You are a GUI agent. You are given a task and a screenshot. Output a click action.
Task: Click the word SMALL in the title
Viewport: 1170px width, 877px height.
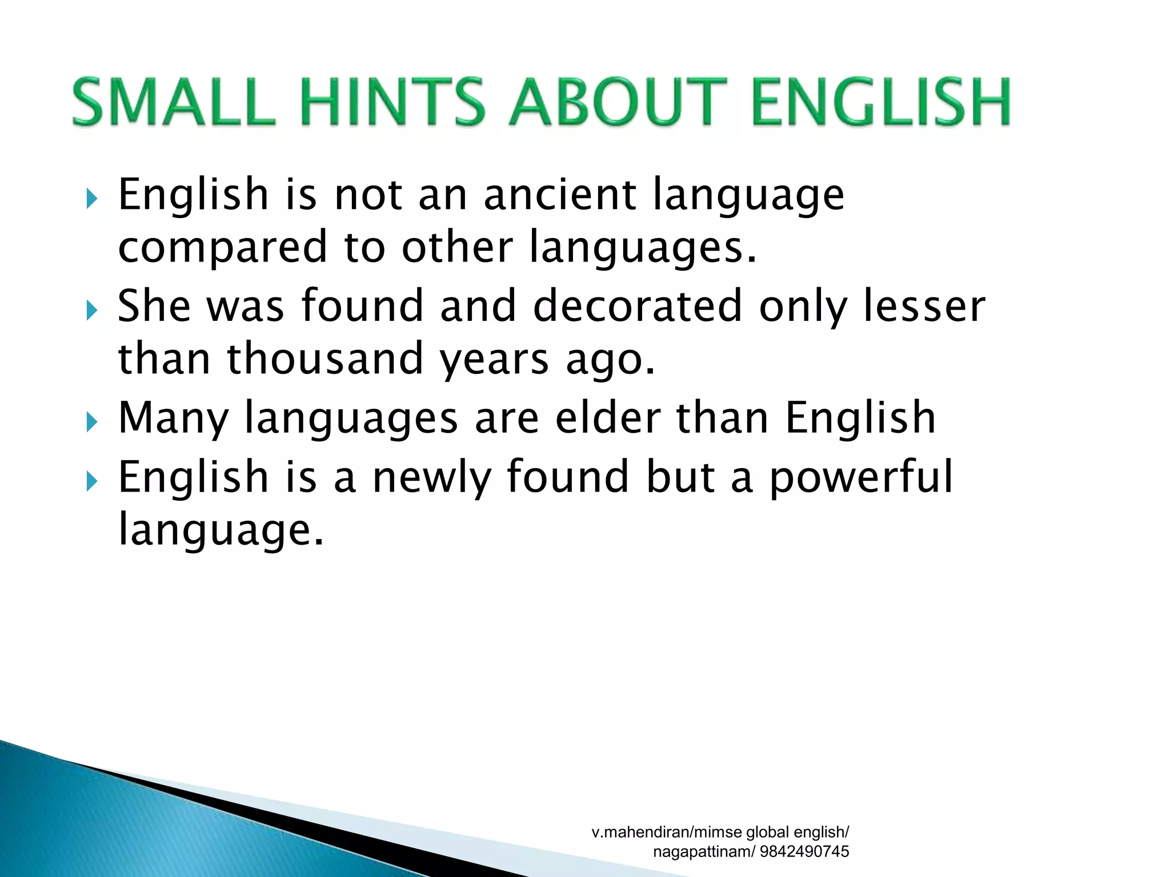tap(174, 102)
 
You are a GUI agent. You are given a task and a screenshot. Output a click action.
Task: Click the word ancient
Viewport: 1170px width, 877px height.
tap(560, 195)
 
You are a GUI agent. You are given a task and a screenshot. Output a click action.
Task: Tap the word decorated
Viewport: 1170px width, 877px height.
tap(638, 306)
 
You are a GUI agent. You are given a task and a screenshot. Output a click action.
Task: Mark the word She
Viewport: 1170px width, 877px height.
tap(154, 306)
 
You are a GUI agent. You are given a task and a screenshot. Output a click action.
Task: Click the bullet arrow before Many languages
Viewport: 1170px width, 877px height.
tap(91, 423)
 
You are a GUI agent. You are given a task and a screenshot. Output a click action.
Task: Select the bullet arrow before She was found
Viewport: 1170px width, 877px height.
tap(91, 311)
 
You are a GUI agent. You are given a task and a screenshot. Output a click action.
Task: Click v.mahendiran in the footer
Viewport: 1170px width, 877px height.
tap(640, 832)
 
